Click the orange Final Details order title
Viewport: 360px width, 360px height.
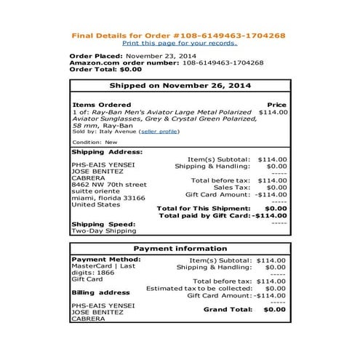(x=179, y=35)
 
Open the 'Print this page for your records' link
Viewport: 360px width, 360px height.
(x=179, y=44)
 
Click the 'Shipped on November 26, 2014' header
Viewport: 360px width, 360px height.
(x=180, y=86)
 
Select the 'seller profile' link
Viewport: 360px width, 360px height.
(x=159, y=131)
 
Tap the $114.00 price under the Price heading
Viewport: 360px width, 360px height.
(x=273, y=113)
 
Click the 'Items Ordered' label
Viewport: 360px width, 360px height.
(x=102, y=105)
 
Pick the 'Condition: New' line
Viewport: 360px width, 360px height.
(x=95, y=143)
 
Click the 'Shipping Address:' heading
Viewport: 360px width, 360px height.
(x=107, y=152)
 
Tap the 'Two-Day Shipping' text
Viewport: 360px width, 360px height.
(x=103, y=231)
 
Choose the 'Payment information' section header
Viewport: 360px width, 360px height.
(x=180, y=248)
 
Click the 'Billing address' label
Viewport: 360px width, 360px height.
(x=101, y=292)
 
